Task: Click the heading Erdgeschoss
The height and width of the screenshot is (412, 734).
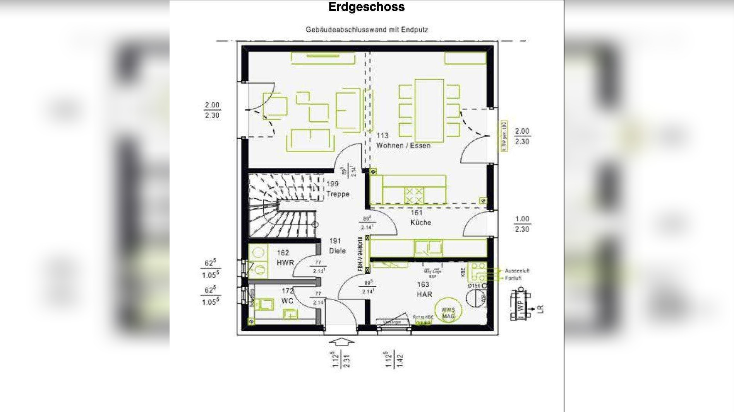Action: pyautogui.click(x=366, y=7)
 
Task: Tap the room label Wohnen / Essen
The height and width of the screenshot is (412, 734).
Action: pyautogui.click(x=403, y=146)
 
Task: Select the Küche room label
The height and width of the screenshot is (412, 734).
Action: pyautogui.click(x=420, y=222)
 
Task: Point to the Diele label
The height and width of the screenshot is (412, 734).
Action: pyautogui.click(x=337, y=250)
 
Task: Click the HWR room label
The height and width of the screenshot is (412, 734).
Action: pyautogui.click(x=285, y=262)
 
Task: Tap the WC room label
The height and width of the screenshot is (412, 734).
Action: pyautogui.click(x=287, y=301)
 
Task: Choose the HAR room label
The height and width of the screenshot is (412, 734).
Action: pyautogui.click(x=424, y=294)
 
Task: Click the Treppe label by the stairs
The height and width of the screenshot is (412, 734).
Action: pyautogui.click(x=338, y=194)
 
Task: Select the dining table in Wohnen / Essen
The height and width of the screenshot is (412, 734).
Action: pyautogui.click(x=429, y=111)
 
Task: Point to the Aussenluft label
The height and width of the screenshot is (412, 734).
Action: pyautogui.click(x=517, y=271)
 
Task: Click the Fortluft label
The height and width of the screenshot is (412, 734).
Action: pyautogui.click(x=513, y=278)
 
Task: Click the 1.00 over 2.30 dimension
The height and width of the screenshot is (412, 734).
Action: pyautogui.click(x=522, y=224)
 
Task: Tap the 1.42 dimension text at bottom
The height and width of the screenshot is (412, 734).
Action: pyautogui.click(x=400, y=359)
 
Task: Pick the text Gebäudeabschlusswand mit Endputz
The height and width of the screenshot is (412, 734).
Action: pyautogui.click(x=367, y=29)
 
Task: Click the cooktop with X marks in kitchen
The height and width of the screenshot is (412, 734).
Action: pyautogui.click(x=414, y=195)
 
